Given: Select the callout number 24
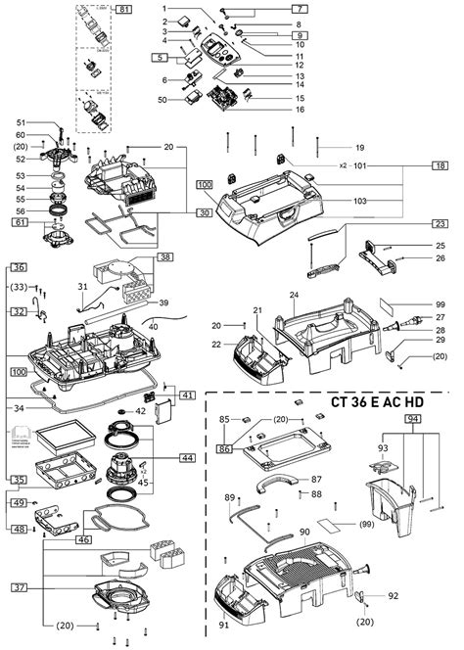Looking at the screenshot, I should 294,295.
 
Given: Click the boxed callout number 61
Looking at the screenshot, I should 20,224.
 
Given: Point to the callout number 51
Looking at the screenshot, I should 21,122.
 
